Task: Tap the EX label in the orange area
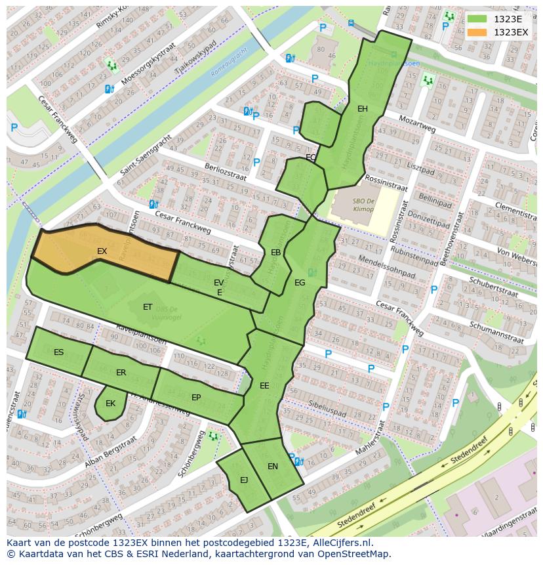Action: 102,251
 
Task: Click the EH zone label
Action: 362,109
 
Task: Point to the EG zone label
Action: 300,283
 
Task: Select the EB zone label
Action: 276,253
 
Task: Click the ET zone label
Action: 148,307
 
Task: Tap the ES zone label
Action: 59,352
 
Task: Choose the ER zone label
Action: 121,373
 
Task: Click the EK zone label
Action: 110,404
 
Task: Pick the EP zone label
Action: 196,398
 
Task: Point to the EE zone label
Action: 264,386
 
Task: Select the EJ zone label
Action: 244,480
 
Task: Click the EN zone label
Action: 273,467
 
